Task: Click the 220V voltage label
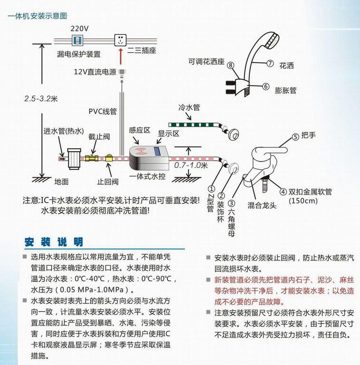coord(79,28)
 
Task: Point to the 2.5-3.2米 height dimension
coord(41,99)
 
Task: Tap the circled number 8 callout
coord(230,65)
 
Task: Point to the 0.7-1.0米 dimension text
coord(191,165)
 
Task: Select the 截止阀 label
coord(99,136)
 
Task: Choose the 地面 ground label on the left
coord(61,181)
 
